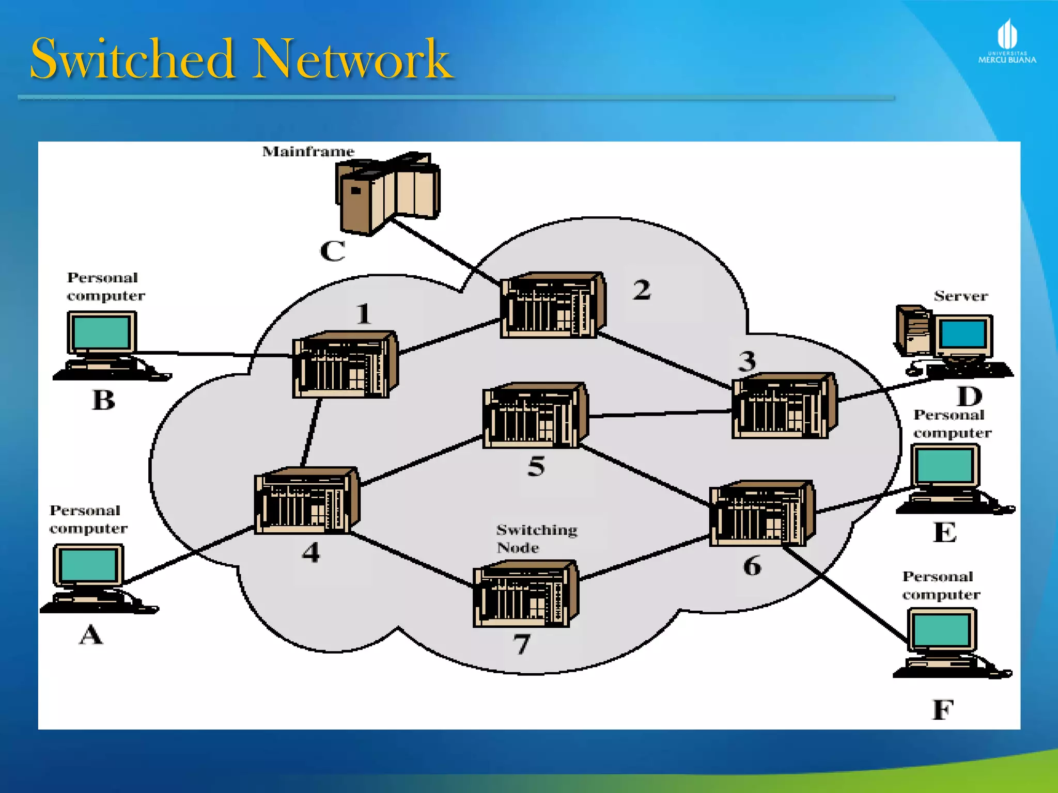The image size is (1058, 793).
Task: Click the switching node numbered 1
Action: (x=345, y=364)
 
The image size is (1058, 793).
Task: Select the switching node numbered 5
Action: (x=535, y=415)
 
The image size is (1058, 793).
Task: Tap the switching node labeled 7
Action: (x=525, y=594)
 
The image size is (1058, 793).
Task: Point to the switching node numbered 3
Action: (x=784, y=406)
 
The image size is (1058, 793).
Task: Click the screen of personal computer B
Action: (x=101, y=332)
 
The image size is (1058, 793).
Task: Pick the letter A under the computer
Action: (x=91, y=635)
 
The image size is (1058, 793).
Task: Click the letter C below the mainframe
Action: (x=332, y=251)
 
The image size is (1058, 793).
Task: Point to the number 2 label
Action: (x=642, y=290)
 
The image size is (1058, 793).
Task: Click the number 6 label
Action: (x=752, y=566)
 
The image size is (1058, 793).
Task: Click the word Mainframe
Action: (x=308, y=152)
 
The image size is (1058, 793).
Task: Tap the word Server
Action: (x=960, y=296)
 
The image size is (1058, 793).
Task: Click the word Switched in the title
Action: (x=132, y=59)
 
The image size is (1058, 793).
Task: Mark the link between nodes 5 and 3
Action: (x=660, y=414)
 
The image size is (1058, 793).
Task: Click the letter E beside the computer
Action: (x=944, y=532)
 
